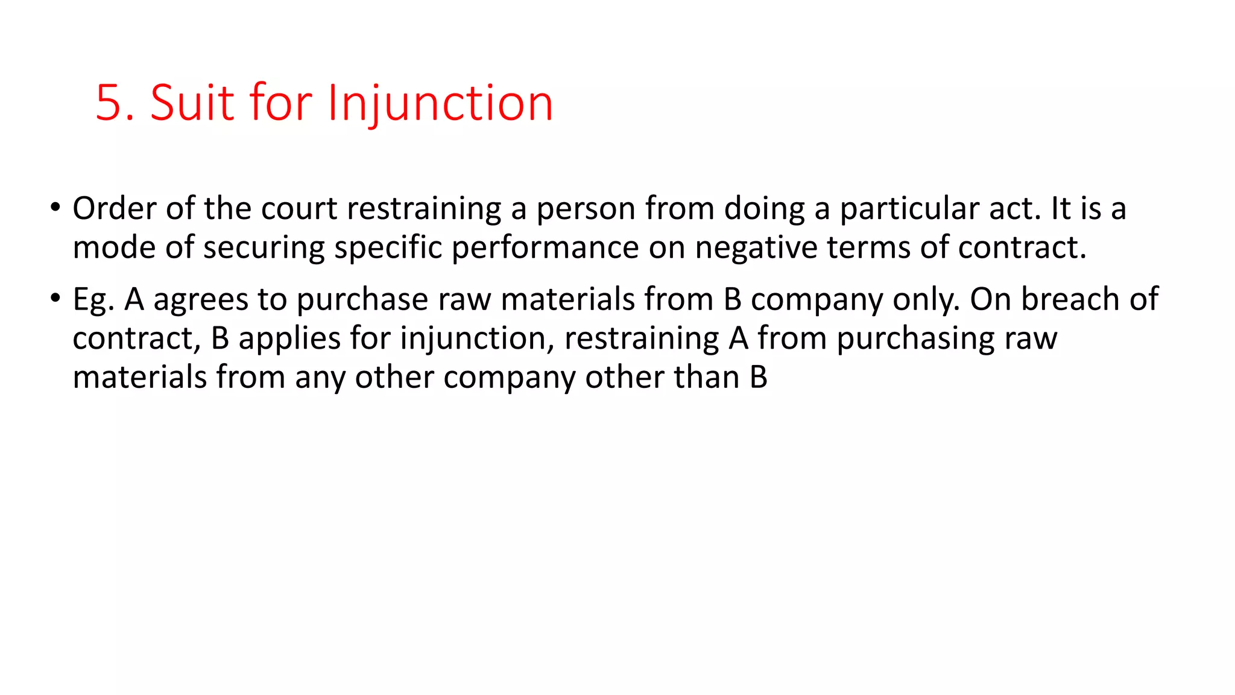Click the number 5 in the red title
tap(109, 103)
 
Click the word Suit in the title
tap(192, 103)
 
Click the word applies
tap(289, 339)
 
